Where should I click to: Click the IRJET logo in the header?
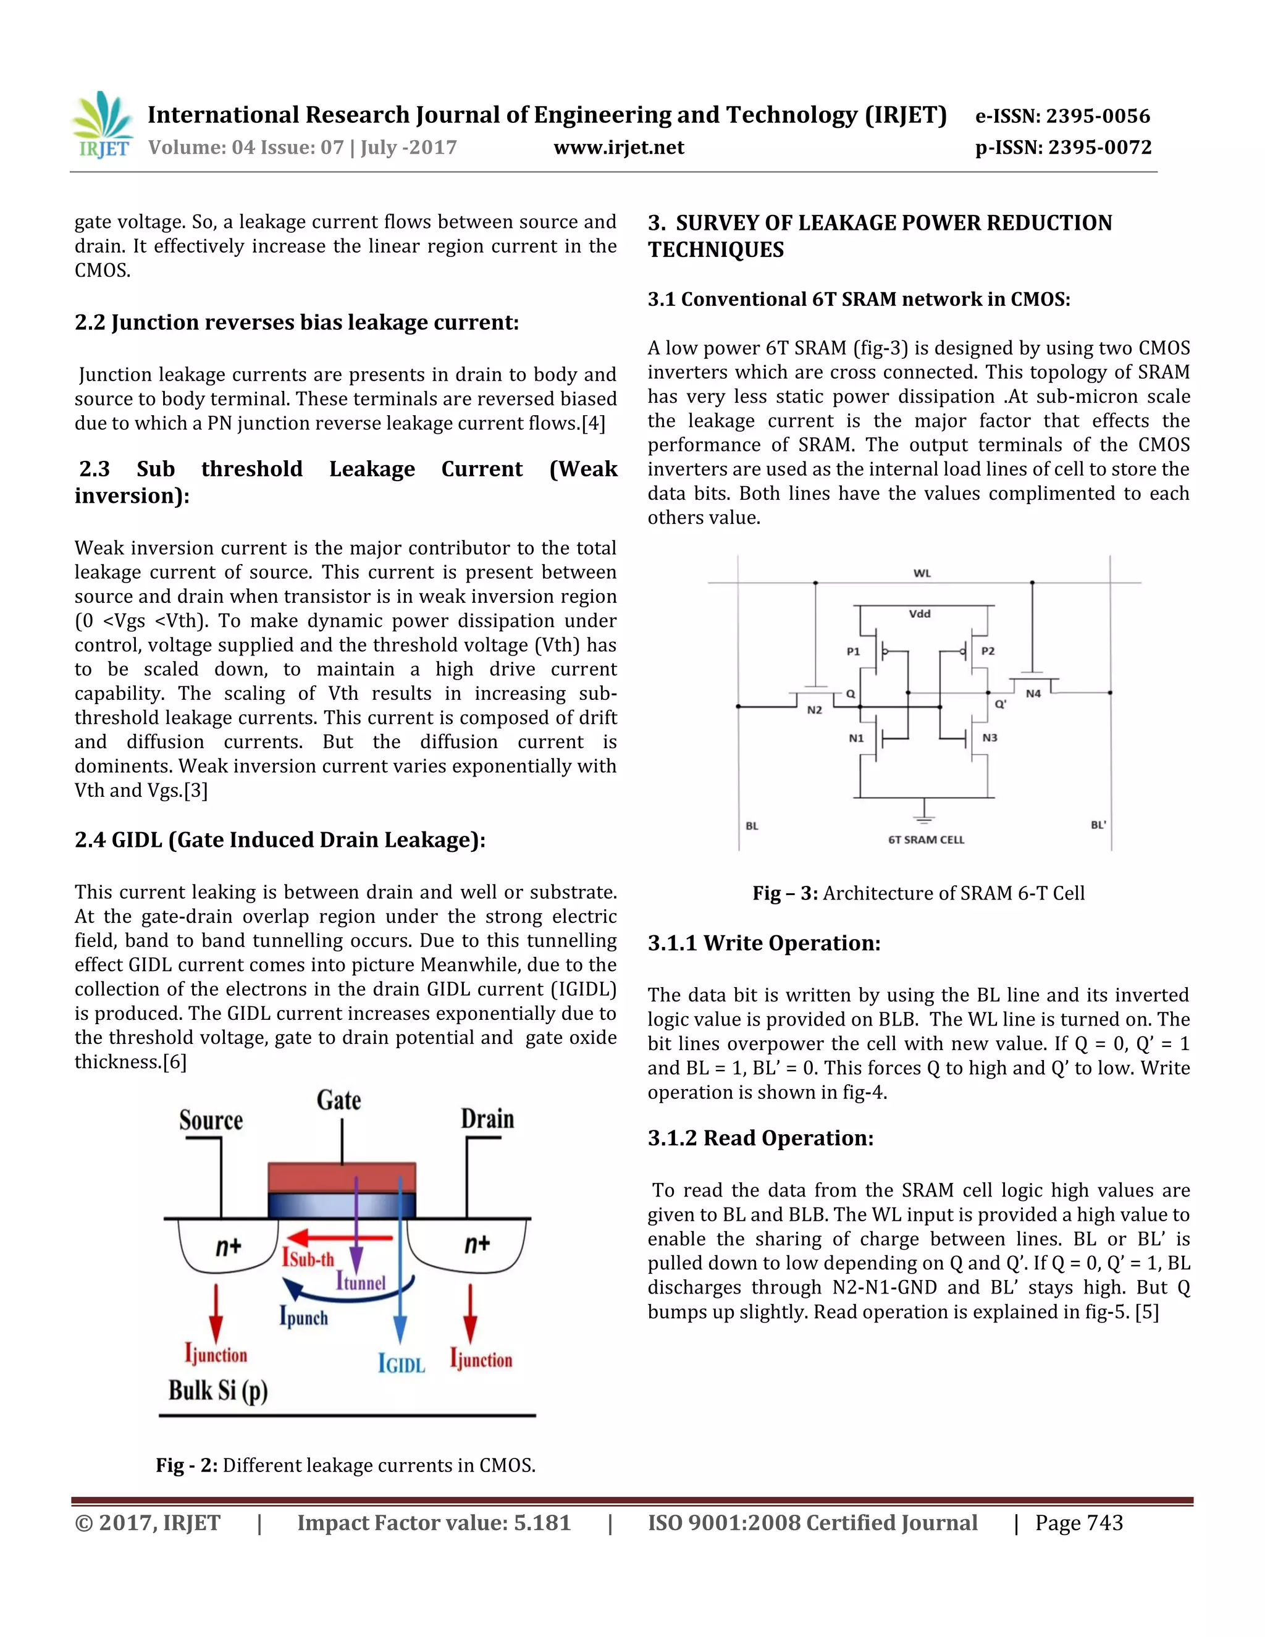[x=103, y=125]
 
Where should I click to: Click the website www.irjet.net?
[x=618, y=148]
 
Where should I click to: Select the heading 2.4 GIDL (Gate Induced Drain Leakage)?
[x=280, y=840]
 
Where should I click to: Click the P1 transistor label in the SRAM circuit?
[x=853, y=651]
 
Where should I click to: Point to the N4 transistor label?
[x=1033, y=694]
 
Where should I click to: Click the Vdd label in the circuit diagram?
[x=920, y=614]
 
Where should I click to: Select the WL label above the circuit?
[x=922, y=573]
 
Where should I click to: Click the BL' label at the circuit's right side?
[x=1098, y=825]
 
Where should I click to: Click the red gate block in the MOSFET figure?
[x=342, y=1177]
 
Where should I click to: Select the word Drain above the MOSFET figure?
[x=487, y=1120]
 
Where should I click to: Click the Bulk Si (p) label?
[x=217, y=1391]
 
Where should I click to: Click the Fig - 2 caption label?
[x=187, y=1465]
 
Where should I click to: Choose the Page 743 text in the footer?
[x=1078, y=1523]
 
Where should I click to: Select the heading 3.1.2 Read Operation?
[x=760, y=1138]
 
